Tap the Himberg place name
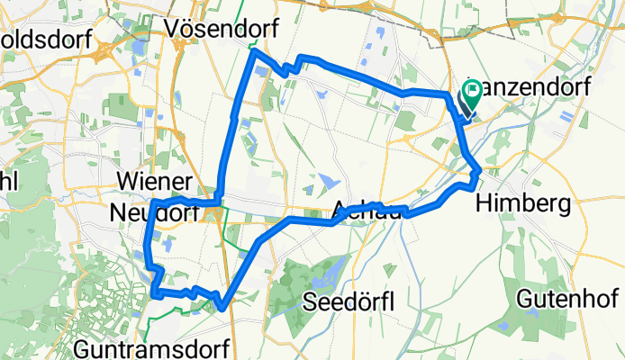click(x=527, y=204)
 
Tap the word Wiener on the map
click(x=151, y=183)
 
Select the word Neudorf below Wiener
click(x=151, y=212)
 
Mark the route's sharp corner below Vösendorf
click(x=253, y=53)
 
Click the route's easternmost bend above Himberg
click(x=481, y=170)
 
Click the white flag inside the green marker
click(x=474, y=90)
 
